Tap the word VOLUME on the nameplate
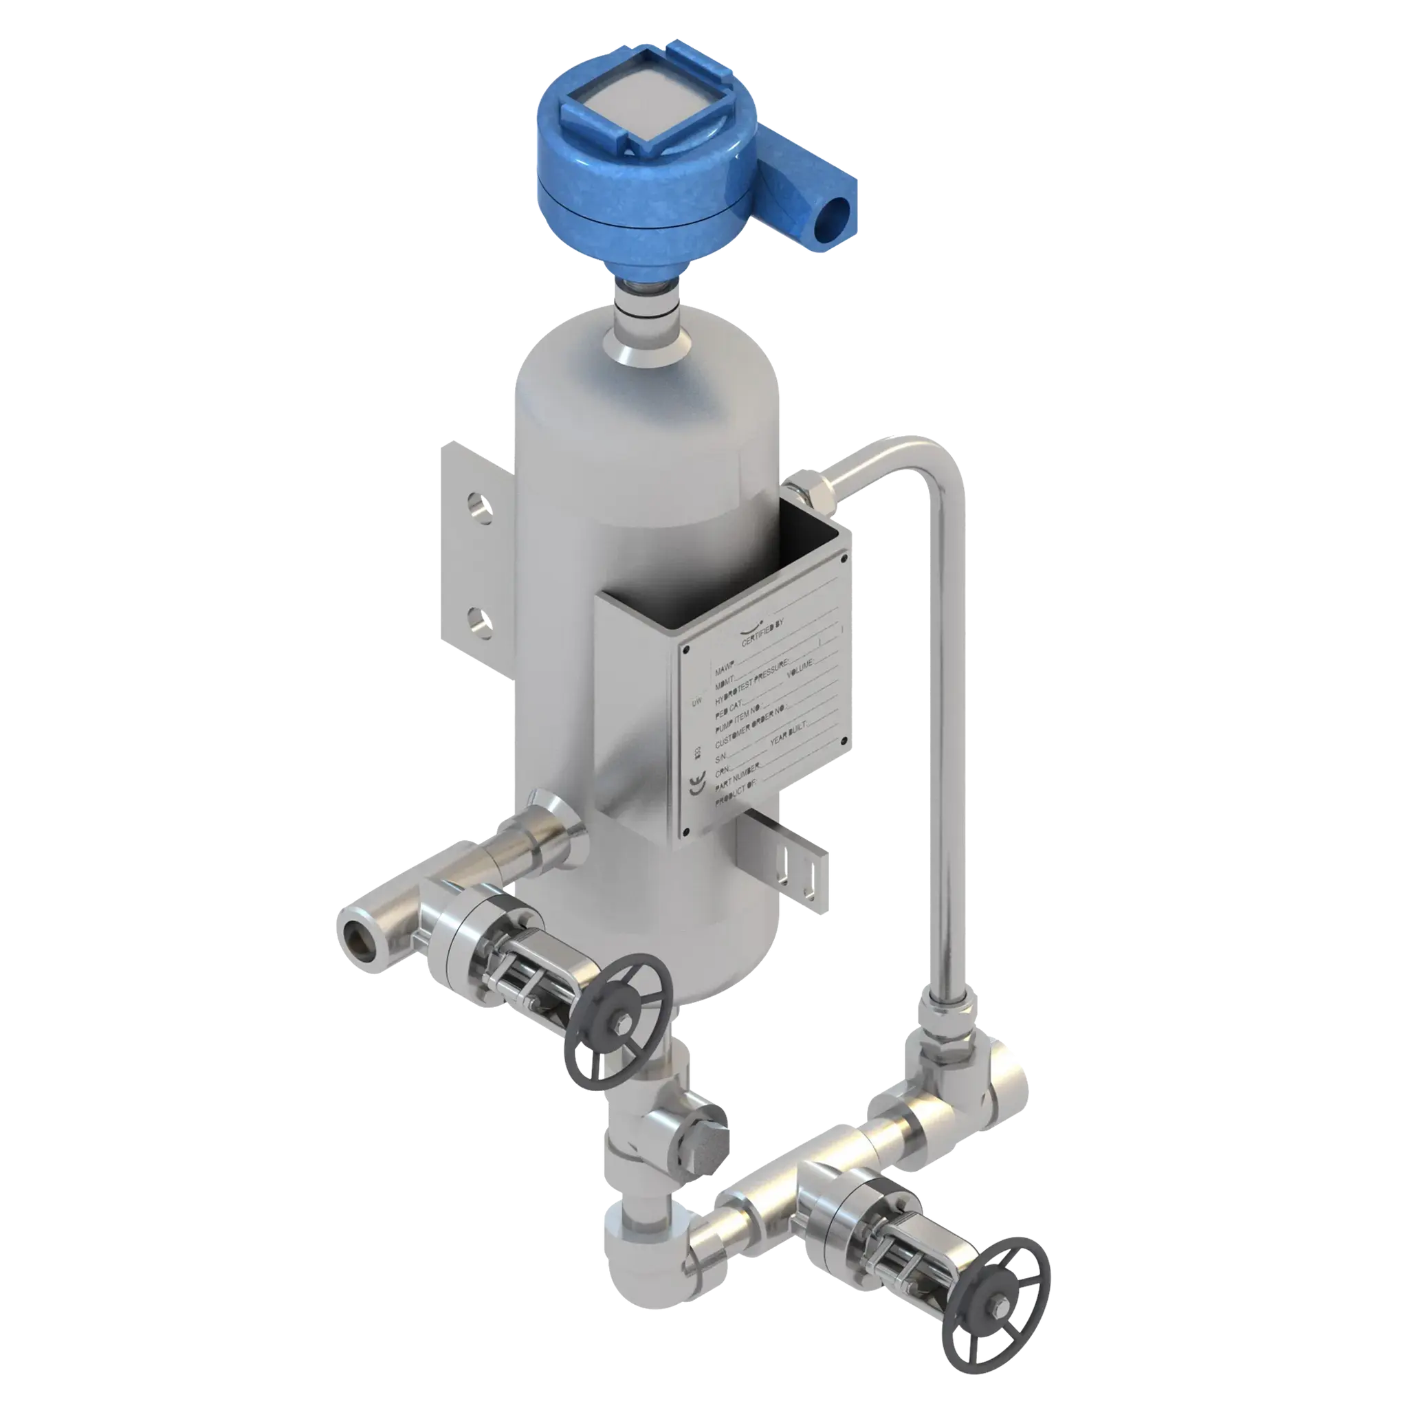point(802,663)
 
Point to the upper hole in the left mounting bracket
point(478,505)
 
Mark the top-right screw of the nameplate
point(844,558)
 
